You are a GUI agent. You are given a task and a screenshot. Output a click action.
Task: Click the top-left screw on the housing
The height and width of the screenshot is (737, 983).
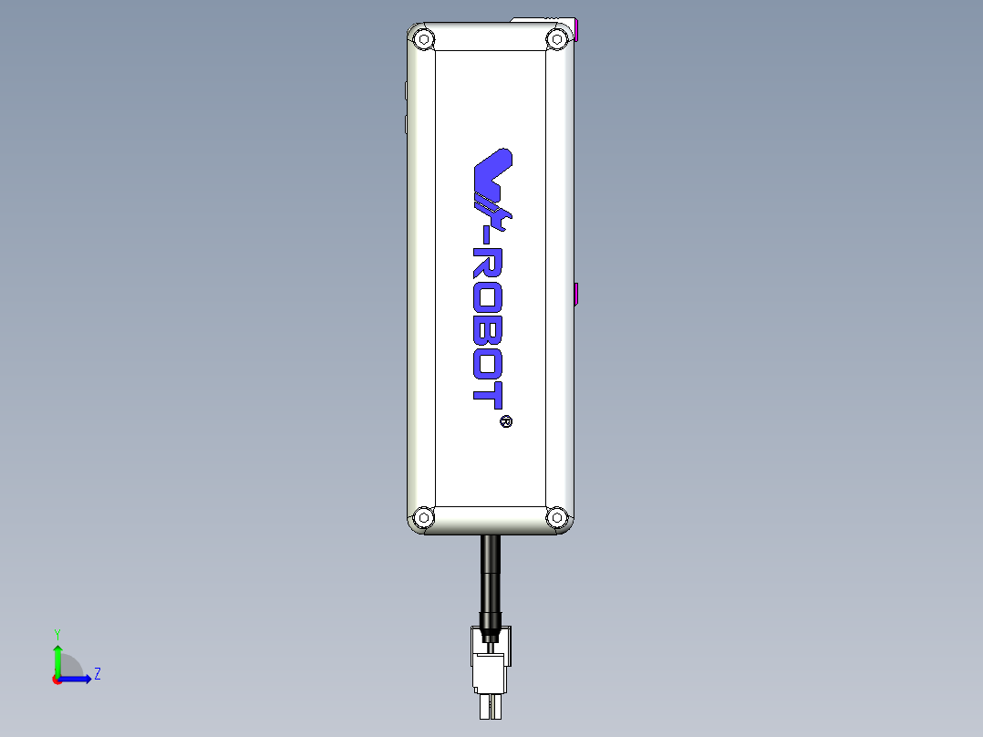(423, 40)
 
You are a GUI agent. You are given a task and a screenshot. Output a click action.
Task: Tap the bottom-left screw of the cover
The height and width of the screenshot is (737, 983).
(423, 518)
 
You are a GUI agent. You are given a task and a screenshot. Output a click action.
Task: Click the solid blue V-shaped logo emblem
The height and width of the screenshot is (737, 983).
(493, 170)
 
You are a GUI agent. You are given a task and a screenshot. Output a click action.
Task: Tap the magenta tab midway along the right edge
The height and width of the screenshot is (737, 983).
(577, 295)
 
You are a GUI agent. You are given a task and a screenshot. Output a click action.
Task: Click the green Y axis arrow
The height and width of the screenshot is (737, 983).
(57, 657)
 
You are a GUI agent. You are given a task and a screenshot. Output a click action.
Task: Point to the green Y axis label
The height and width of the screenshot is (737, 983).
(57, 633)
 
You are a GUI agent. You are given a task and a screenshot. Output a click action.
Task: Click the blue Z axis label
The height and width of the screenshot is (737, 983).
(97, 675)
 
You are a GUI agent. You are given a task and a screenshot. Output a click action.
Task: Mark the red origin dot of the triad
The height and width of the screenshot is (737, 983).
(57, 680)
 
